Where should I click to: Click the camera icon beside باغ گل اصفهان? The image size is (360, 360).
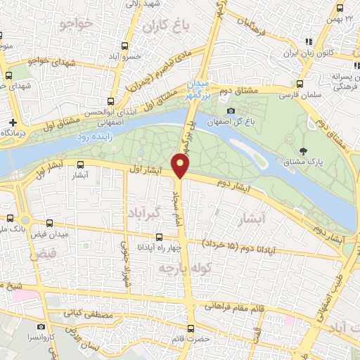(x=231, y=110)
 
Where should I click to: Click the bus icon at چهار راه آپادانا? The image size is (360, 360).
(x=159, y=236)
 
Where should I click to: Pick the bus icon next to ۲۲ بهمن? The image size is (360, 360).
(x=340, y=8)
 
